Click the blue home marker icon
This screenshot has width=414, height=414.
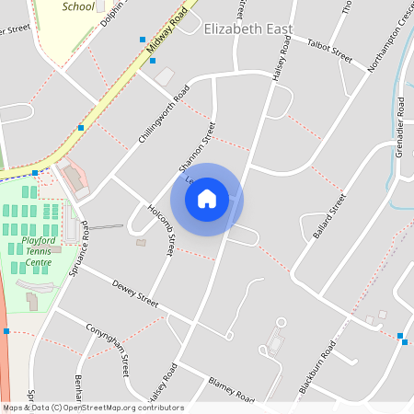click(x=207, y=199)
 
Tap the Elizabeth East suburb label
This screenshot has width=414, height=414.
click(x=247, y=29)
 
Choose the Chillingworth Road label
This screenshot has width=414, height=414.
click(x=163, y=116)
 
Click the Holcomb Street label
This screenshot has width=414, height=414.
click(x=162, y=230)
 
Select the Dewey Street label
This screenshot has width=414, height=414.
click(x=135, y=294)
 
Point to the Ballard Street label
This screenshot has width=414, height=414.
click(x=329, y=216)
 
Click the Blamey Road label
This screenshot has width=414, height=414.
click(x=230, y=389)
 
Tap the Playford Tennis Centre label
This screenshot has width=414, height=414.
click(x=38, y=251)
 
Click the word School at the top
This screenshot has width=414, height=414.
click(x=78, y=6)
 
